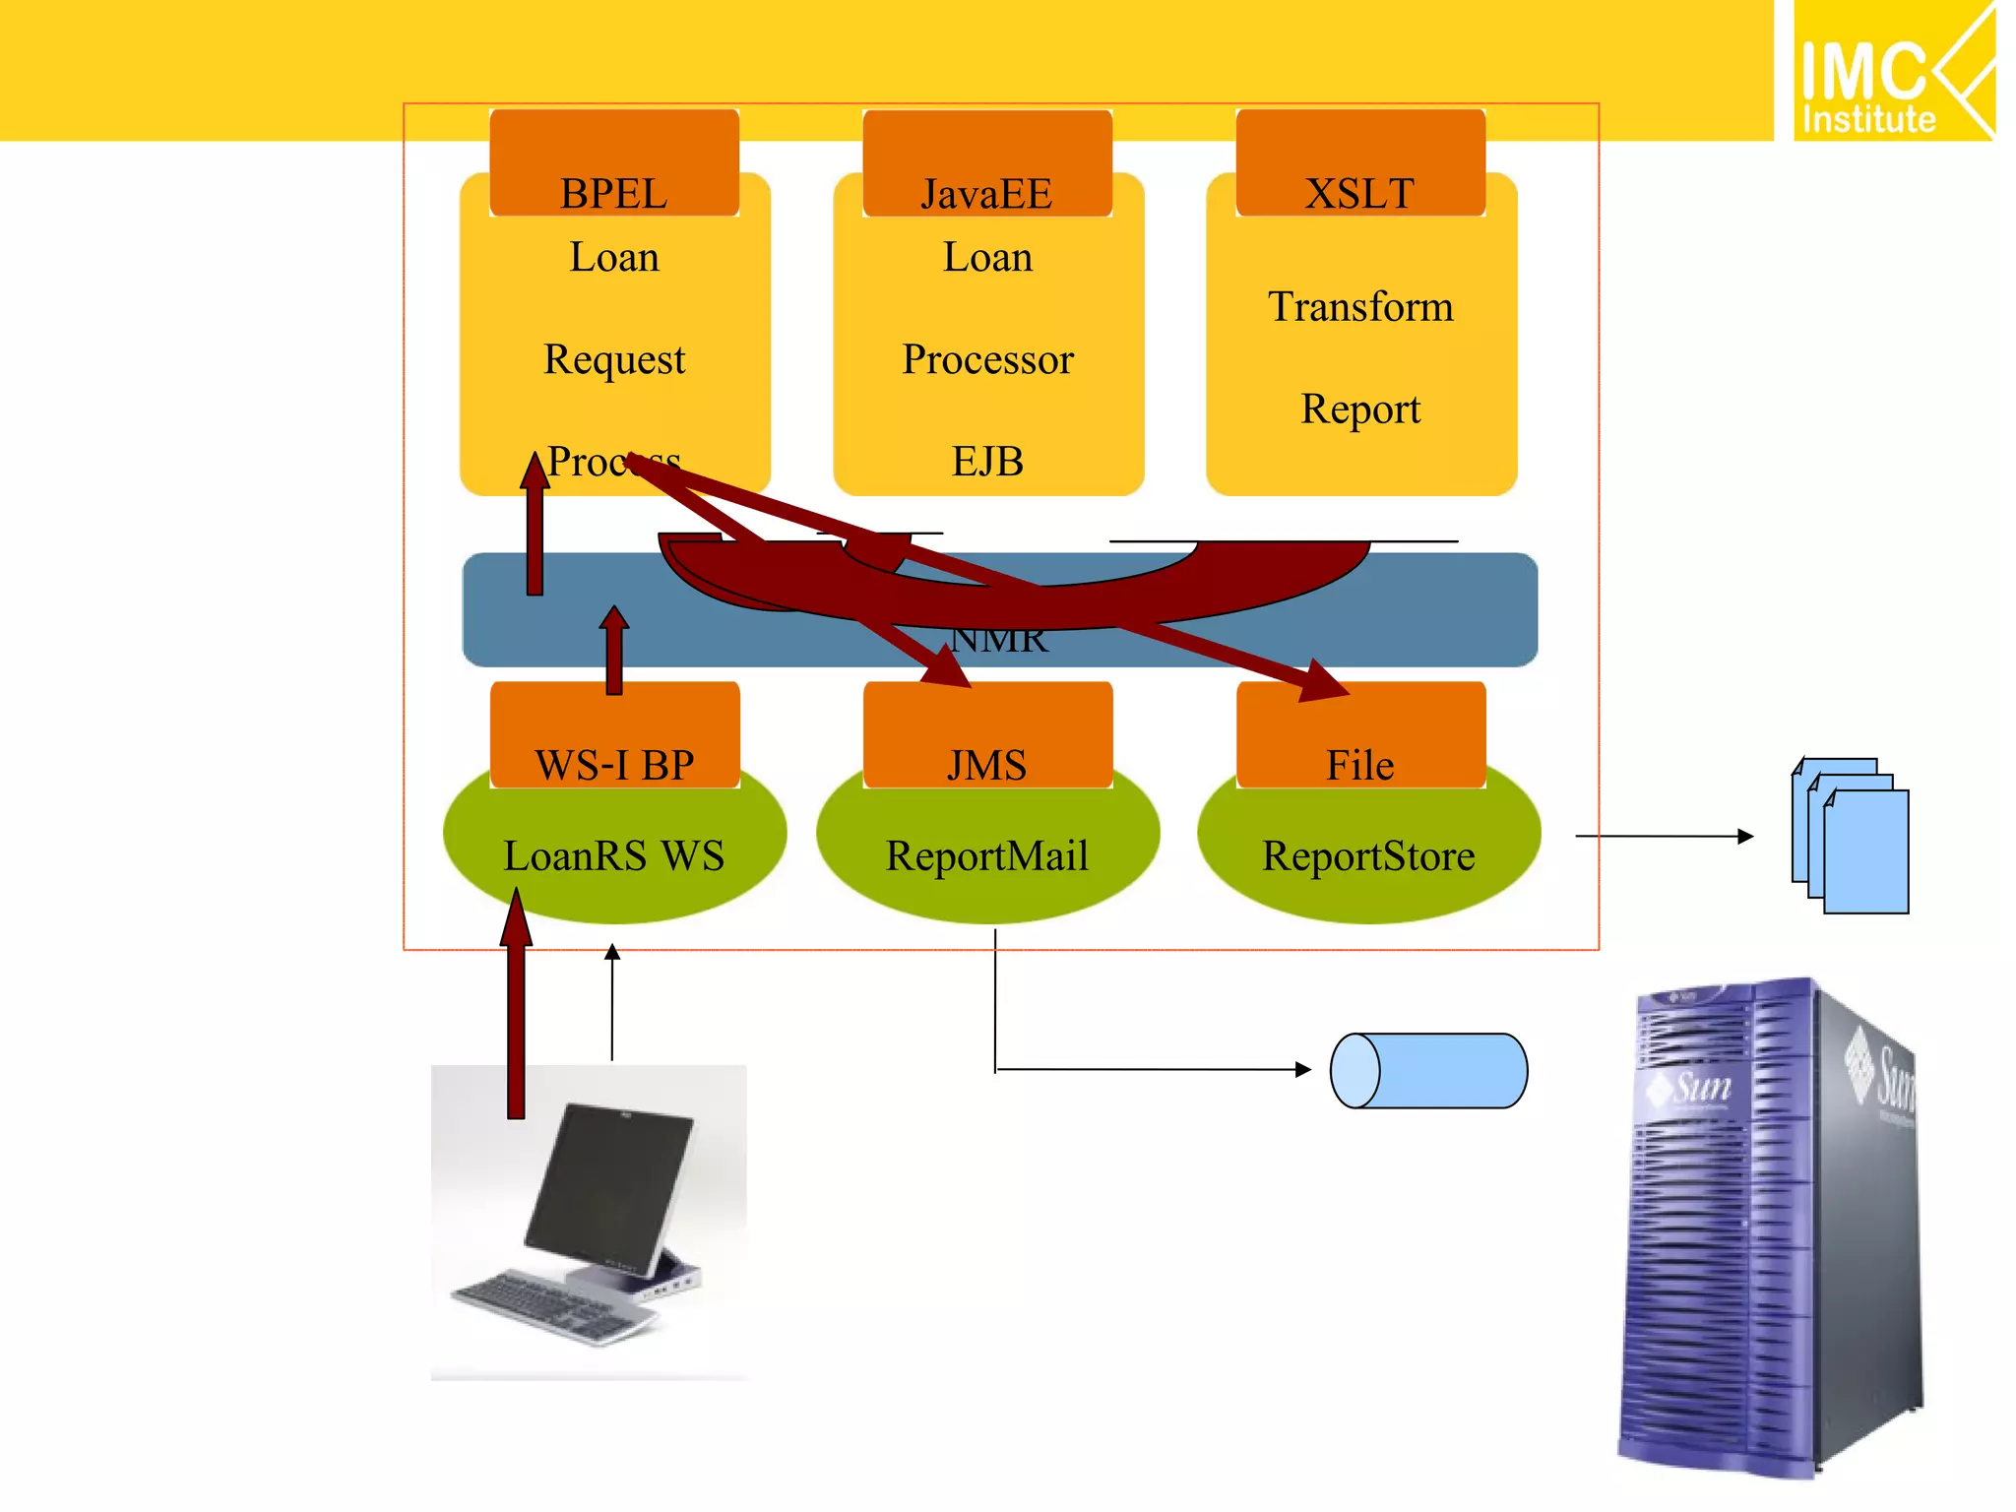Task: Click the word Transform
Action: pyautogui.click(x=1360, y=306)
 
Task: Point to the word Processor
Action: pyautogui.click(x=987, y=359)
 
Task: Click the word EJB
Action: pyautogui.click(x=987, y=462)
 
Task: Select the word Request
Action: pyautogui.click(x=614, y=359)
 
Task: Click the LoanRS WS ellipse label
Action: pyautogui.click(x=614, y=855)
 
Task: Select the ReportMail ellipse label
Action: pyautogui.click(x=987, y=855)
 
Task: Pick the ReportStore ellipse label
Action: pyautogui.click(x=1368, y=855)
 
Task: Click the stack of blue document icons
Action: pyautogui.click(x=1851, y=837)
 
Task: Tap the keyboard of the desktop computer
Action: pyautogui.click(x=551, y=1304)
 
